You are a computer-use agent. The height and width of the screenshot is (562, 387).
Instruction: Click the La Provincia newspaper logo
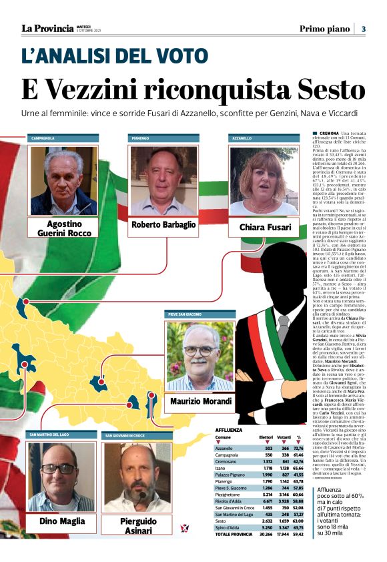[x=47, y=29]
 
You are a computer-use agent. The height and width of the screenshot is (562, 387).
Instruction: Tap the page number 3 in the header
[x=363, y=29]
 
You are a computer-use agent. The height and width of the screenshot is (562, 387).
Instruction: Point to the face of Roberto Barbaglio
[x=163, y=176]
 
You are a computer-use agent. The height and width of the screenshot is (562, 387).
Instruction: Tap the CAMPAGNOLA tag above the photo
[x=43, y=138]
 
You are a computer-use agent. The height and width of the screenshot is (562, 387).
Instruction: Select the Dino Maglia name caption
[x=62, y=521]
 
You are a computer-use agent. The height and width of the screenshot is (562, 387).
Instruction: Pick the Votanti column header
[x=284, y=418]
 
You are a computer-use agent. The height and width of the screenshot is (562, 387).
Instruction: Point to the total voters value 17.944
[x=283, y=553]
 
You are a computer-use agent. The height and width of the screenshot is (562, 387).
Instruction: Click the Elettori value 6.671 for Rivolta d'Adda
[x=266, y=518]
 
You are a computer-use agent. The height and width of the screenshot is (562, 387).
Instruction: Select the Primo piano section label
[x=324, y=29]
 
